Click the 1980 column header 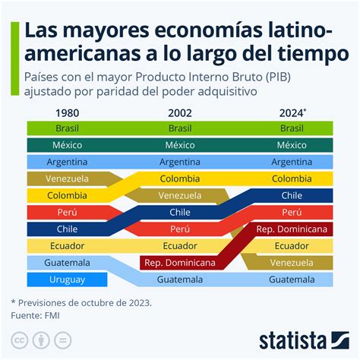pyautogui.click(x=67, y=112)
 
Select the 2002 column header pyautogui.click(x=180, y=112)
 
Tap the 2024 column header pyautogui.click(x=292, y=112)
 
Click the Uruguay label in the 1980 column pyautogui.click(x=67, y=279)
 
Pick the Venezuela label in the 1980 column pyautogui.click(x=67, y=178)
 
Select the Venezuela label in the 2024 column pyautogui.click(x=292, y=262)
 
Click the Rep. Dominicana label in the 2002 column pyautogui.click(x=180, y=262)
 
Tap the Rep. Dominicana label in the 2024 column pyautogui.click(x=292, y=229)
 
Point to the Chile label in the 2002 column pyautogui.click(x=180, y=212)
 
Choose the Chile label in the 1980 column pyautogui.click(x=67, y=229)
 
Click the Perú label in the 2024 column pyautogui.click(x=292, y=212)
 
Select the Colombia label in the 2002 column pyautogui.click(x=180, y=178)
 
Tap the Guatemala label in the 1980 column pyautogui.click(x=67, y=262)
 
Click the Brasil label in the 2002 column pyautogui.click(x=180, y=128)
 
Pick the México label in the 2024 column pyautogui.click(x=292, y=145)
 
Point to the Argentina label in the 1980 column pyautogui.click(x=67, y=162)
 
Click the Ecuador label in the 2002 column pyautogui.click(x=180, y=245)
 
